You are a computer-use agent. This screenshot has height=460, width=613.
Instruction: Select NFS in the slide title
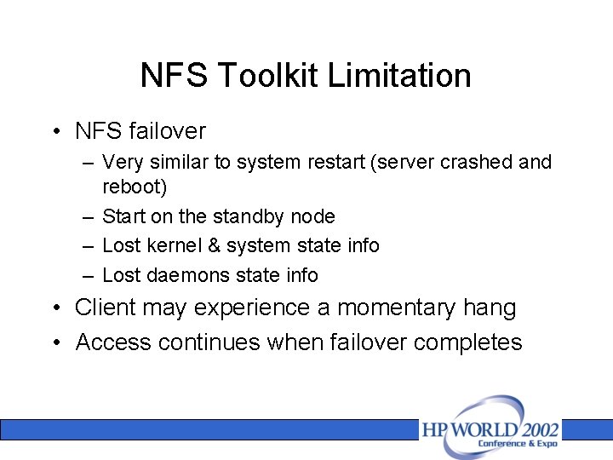pos(175,77)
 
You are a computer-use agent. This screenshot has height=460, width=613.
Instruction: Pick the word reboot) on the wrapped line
pos(135,186)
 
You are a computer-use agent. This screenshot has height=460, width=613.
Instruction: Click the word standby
pos(246,216)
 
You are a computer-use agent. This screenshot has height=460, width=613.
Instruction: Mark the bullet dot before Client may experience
pos(55,308)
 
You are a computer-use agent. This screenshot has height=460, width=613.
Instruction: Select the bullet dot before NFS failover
pos(55,131)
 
